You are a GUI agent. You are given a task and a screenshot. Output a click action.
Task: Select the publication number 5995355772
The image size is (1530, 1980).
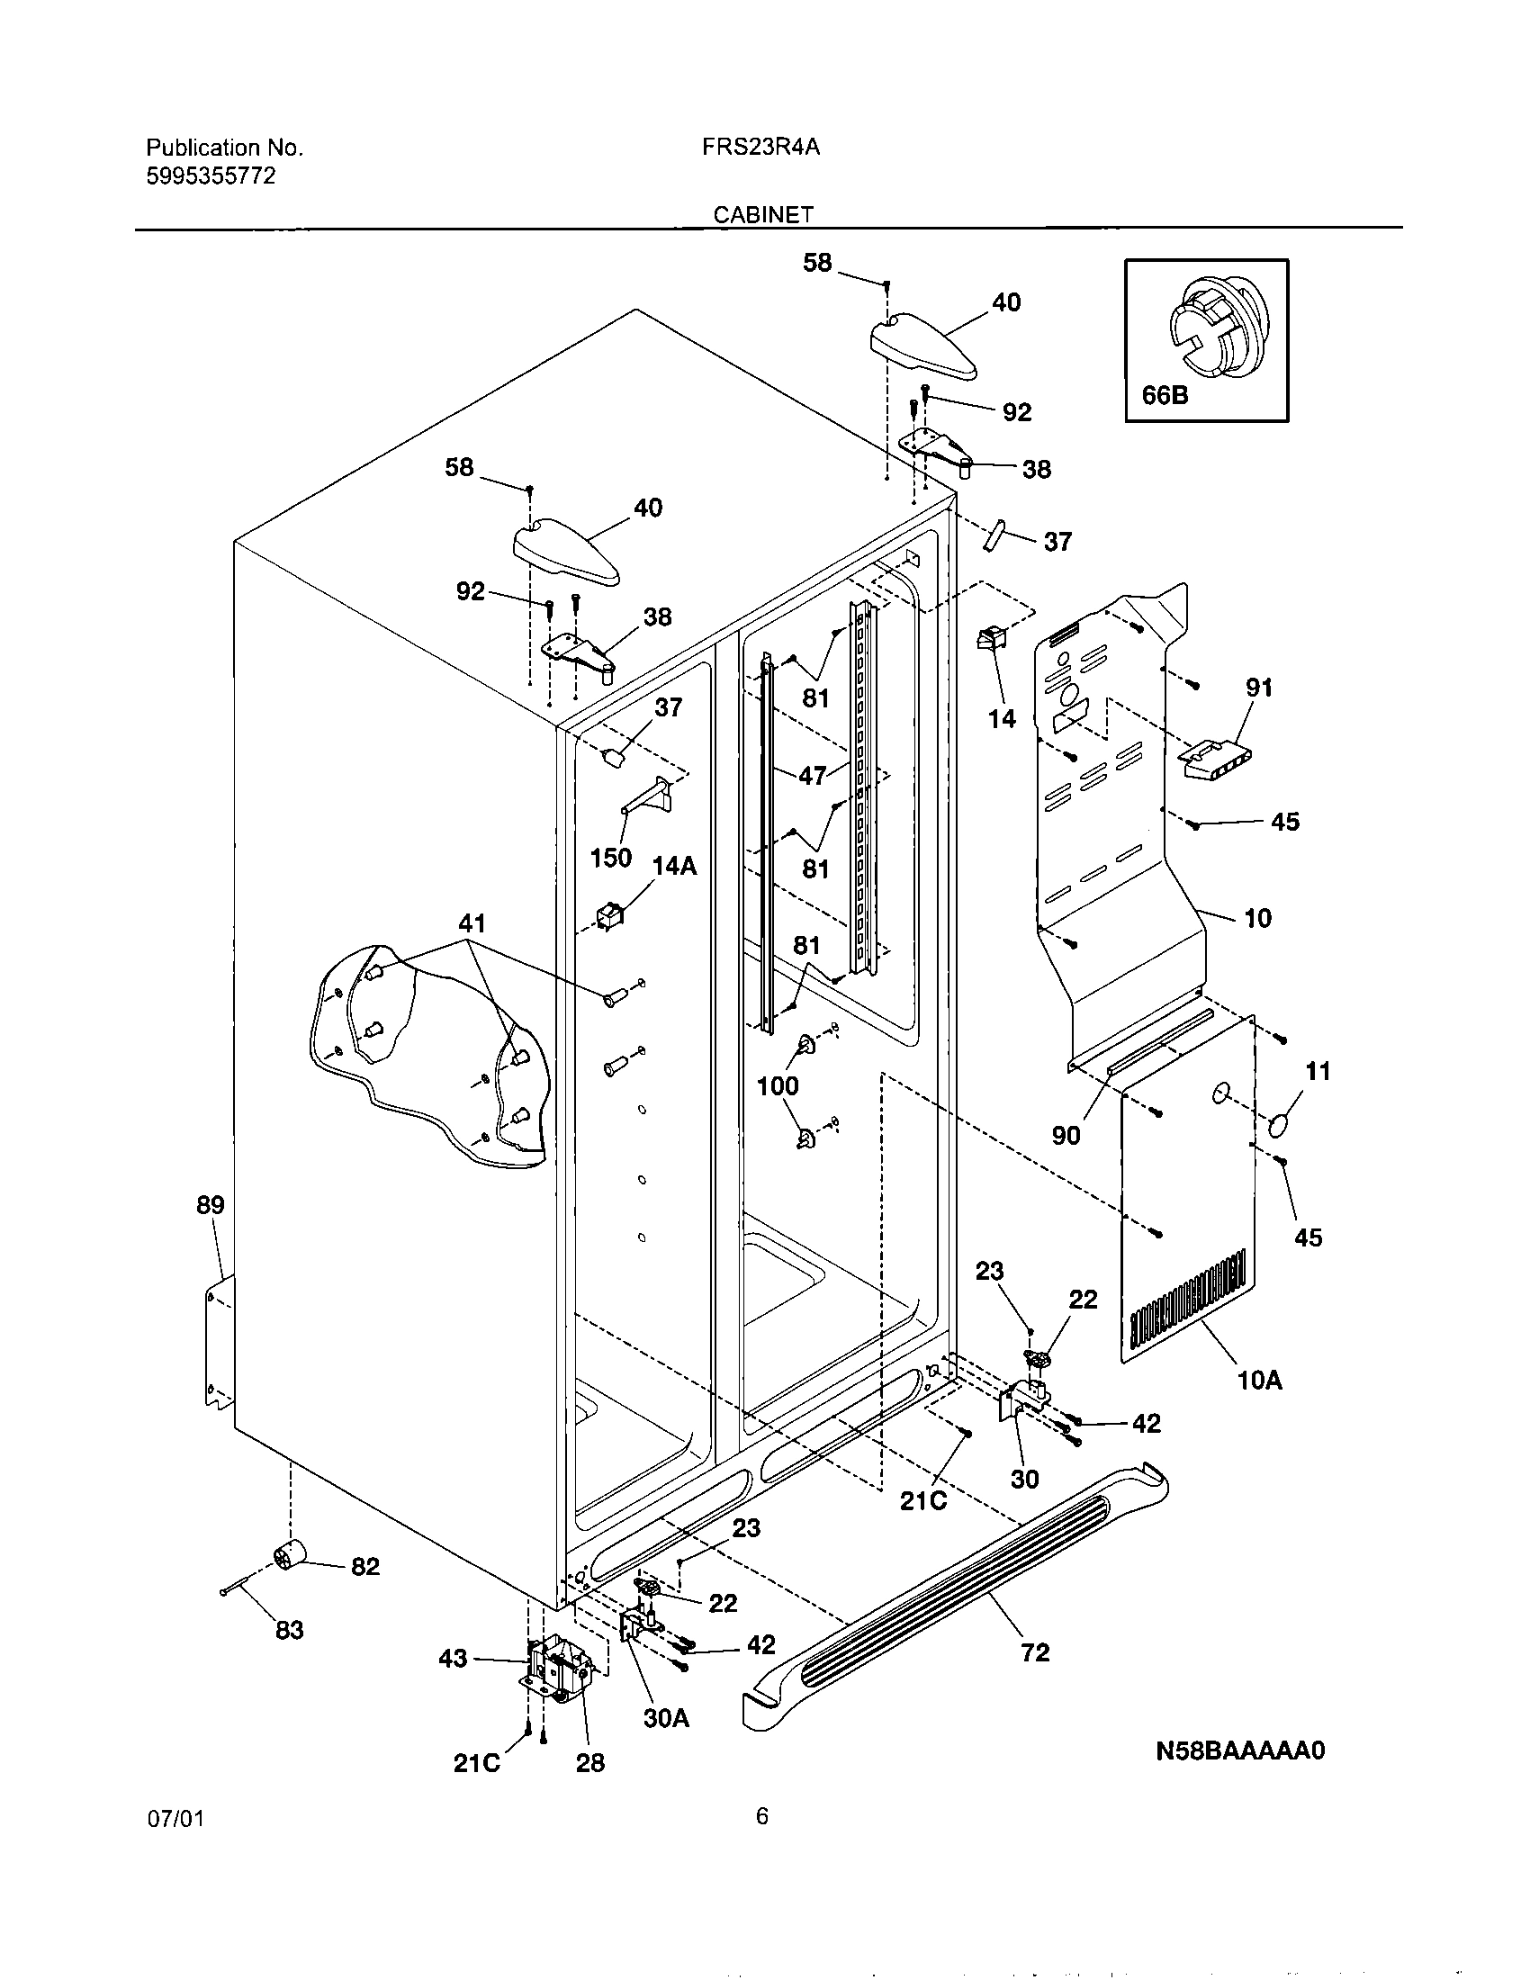[x=211, y=175]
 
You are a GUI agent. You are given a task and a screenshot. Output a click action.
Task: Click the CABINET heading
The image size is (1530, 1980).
[x=762, y=215]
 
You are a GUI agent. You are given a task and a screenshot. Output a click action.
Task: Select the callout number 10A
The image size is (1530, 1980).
[x=1260, y=1381]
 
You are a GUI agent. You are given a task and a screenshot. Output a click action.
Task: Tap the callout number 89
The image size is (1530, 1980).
[x=211, y=1205]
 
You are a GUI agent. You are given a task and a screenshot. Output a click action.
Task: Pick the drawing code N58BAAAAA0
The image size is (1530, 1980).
[x=1239, y=1750]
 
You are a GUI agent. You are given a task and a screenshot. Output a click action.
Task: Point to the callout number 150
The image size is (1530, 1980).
[x=610, y=857]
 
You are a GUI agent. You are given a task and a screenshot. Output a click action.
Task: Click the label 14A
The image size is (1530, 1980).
[x=674, y=866]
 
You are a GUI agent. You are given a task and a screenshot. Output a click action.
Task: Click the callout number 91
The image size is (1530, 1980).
[x=1259, y=688]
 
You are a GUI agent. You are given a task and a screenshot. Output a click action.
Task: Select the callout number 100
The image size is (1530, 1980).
[x=777, y=1085]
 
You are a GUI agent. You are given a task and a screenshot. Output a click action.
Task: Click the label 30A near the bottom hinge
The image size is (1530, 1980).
[x=666, y=1718]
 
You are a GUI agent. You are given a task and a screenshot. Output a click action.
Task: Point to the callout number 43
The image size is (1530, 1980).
[x=453, y=1658]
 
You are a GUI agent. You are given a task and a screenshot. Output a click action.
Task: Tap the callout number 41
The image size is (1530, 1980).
[x=472, y=923]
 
